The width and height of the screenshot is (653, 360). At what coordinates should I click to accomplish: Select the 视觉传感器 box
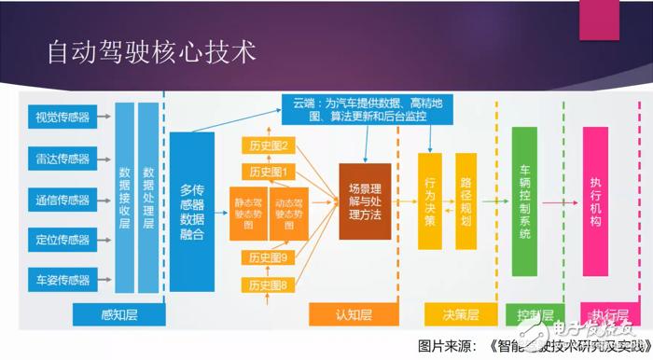click(x=62, y=118)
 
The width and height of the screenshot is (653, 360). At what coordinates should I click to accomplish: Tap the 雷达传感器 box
click(x=62, y=159)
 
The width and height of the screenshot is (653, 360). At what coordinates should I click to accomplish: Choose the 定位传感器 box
click(x=62, y=238)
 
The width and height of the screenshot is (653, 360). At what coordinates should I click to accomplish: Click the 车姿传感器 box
click(x=62, y=277)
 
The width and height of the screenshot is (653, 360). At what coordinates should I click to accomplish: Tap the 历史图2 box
click(x=268, y=145)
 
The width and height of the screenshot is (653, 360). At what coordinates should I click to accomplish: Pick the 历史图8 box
click(x=268, y=284)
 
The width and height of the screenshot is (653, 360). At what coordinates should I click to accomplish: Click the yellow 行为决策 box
click(x=429, y=202)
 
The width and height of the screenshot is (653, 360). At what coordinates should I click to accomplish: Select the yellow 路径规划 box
click(x=465, y=202)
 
